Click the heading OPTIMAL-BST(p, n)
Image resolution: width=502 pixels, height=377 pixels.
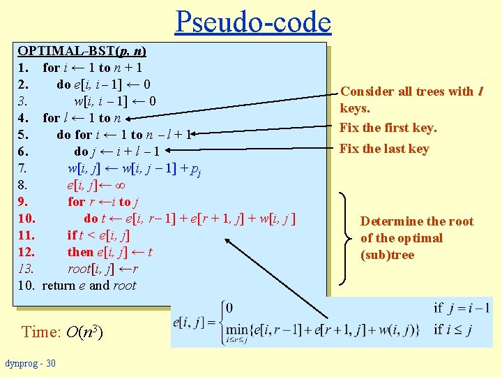pyautogui.click(x=82, y=51)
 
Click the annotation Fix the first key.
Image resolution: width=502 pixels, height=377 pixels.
pyautogui.click(x=388, y=128)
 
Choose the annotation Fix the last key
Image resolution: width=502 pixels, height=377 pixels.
pyautogui.click(x=384, y=148)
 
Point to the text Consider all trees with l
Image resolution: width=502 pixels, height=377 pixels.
pyautogui.click(x=411, y=91)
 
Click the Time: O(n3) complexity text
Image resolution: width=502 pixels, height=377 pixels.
pyautogui.click(x=62, y=332)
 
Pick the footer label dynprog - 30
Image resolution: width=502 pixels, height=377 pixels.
pyautogui.click(x=31, y=363)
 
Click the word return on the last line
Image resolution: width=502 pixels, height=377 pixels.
pyautogui.click(x=59, y=285)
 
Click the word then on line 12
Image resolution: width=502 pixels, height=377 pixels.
pyautogui.click(x=80, y=252)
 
